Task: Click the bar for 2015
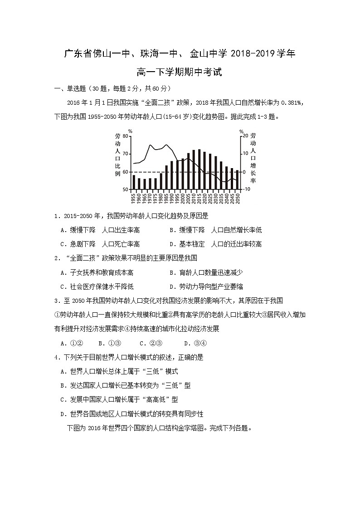(199, 170)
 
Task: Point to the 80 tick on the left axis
(126, 136)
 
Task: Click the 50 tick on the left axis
(126, 189)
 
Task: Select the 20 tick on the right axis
(245, 136)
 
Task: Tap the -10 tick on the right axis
(246, 189)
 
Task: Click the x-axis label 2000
(183, 198)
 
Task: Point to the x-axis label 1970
(150, 198)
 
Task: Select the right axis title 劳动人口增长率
(253, 158)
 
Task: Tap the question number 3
(56, 301)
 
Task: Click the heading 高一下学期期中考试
(180, 72)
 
